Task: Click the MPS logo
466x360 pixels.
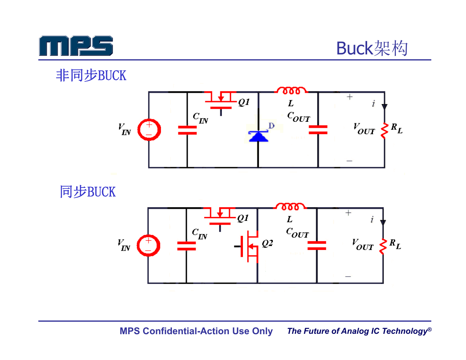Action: point(76,46)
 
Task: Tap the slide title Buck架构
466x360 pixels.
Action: point(372,48)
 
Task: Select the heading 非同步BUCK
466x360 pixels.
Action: point(91,75)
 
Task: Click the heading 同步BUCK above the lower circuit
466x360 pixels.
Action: point(88,191)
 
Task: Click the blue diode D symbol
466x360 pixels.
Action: point(258,136)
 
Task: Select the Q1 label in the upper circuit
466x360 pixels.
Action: point(244,102)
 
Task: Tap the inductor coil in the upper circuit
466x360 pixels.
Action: point(291,90)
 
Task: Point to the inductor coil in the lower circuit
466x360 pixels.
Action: point(290,206)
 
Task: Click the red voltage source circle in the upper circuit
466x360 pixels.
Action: point(149,130)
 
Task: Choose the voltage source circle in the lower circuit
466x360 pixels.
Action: point(148,246)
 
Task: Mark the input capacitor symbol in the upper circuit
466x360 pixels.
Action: point(187,130)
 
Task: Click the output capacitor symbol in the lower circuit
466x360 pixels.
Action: point(317,246)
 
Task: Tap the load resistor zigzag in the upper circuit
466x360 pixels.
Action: point(385,130)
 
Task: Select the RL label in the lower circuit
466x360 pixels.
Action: point(395,244)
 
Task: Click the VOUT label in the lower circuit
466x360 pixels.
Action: point(363,245)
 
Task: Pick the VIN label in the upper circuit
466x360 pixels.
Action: point(125,129)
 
